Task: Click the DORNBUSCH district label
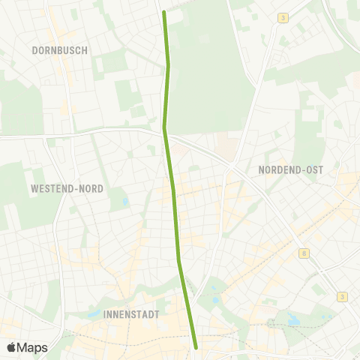[x=60, y=50]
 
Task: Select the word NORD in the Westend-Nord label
[x=92, y=188]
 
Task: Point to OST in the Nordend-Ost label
[x=314, y=170]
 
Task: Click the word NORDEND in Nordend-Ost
[x=280, y=170]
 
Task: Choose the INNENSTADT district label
[x=132, y=315]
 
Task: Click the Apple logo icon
[x=11, y=347]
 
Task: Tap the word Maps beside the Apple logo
[x=33, y=347]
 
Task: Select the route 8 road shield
[x=303, y=254]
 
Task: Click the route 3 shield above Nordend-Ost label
[x=283, y=18]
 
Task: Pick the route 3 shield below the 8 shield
[x=343, y=296]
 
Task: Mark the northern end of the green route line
[x=164, y=12]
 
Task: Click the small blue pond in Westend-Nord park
[x=124, y=202]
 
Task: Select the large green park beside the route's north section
[x=202, y=67]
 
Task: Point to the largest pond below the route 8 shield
[x=292, y=321]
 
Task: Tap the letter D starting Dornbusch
[x=35, y=50]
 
